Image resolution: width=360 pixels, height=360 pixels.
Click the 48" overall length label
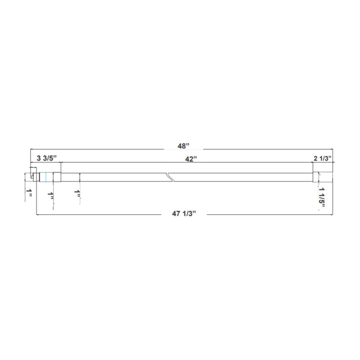click(184, 145)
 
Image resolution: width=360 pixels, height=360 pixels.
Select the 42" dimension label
click(191, 158)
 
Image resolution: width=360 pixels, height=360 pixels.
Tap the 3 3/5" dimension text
click(46, 158)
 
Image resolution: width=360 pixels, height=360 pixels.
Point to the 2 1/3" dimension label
click(322, 158)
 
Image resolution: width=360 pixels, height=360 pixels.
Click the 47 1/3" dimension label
click(183, 214)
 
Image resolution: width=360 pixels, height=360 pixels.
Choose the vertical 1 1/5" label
click(322, 197)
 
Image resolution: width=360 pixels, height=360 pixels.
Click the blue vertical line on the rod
click(46, 177)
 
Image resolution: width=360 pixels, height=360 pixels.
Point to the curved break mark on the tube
click(170, 176)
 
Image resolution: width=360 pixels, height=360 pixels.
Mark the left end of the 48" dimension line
click(30, 149)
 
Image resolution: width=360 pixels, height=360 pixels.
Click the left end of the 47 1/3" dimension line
click(36, 215)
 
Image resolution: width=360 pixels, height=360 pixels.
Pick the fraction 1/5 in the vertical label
click(322, 199)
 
